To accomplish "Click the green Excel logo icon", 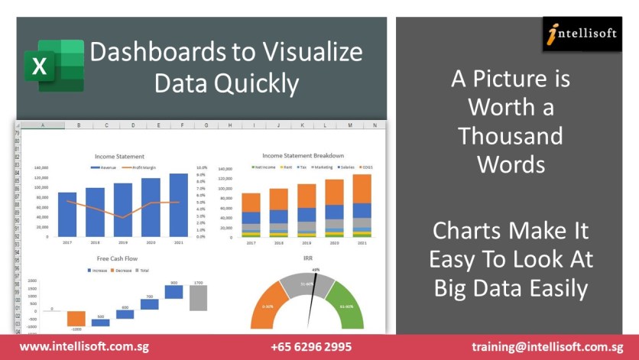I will coord(53,66).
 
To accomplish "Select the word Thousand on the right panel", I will coord(511,136).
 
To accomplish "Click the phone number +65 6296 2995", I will coord(311,347).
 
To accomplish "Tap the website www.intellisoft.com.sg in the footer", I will coord(84,347).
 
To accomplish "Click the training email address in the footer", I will coord(547,347).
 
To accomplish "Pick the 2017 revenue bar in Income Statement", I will coord(67,215).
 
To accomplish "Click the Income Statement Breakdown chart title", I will coord(303,155).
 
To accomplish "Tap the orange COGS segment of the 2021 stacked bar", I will coord(362,188).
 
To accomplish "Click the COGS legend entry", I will coord(365,167).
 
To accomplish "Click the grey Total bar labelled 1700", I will coord(199,299).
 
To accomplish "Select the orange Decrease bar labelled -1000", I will coord(76,319).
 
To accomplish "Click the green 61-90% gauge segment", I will coord(350,306).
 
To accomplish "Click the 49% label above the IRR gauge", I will coord(315,270).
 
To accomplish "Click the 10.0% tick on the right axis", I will coord(202,167).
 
